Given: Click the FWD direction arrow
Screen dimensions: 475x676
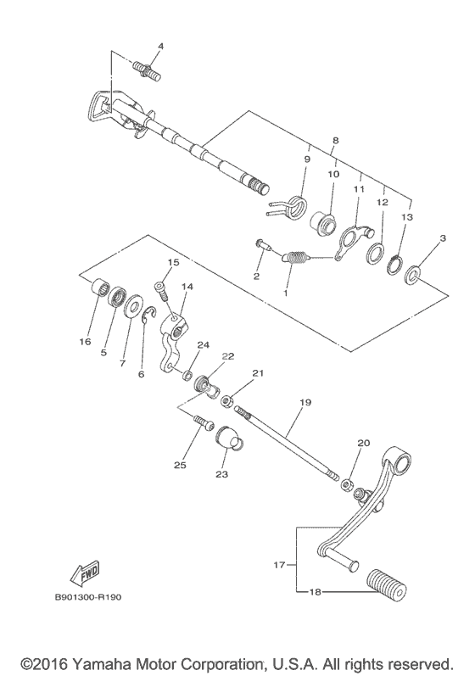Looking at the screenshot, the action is [86, 575].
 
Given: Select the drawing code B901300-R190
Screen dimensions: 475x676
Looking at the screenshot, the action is [88, 598].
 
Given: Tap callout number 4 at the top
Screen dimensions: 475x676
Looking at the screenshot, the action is [160, 46].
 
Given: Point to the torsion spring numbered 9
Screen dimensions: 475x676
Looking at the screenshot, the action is [288, 206].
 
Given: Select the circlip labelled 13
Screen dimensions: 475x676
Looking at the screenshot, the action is [394, 265].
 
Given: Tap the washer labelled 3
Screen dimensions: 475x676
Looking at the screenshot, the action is [412, 275].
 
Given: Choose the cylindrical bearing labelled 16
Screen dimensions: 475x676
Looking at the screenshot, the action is [100, 287].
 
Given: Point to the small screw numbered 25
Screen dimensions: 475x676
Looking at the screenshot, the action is [204, 422].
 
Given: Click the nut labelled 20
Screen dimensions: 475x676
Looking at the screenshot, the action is [348, 484].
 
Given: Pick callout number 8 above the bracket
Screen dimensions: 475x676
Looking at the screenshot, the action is [336, 140].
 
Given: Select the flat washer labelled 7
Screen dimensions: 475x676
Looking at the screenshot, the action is [133, 305].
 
